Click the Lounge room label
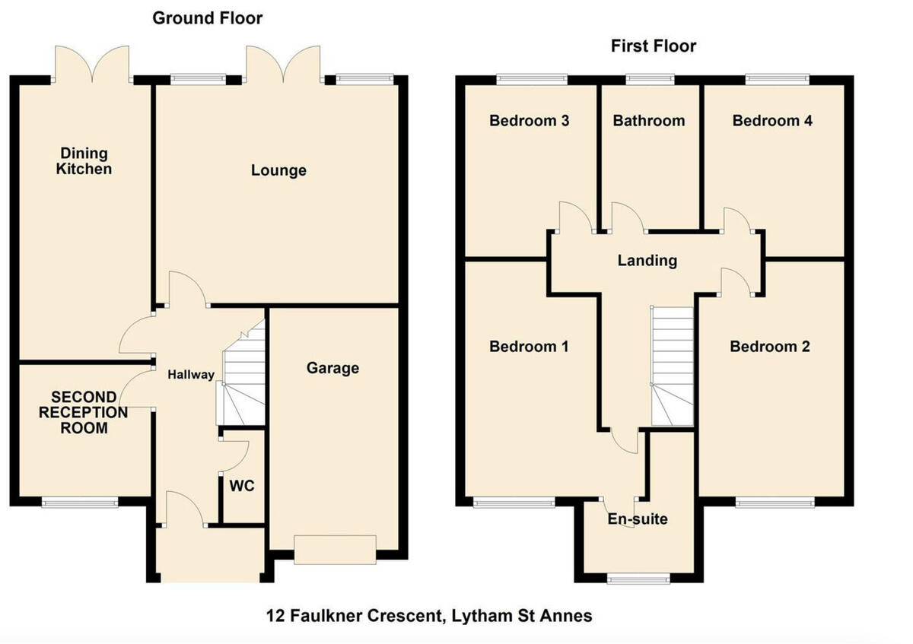click(x=278, y=170)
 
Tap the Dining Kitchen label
click(x=84, y=161)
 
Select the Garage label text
click(x=332, y=368)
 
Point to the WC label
click(x=243, y=486)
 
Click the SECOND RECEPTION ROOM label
click(x=84, y=413)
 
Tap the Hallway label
click(x=191, y=374)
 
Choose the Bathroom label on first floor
click(x=648, y=120)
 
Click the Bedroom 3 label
click(x=530, y=120)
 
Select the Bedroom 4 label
click(x=771, y=120)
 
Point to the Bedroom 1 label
click(x=529, y=347)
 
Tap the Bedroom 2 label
click(x=769, y=347)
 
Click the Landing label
click(x=647, y=260)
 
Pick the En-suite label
click(x=637, y=519)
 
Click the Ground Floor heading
click(x=207, y=17)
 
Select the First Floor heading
click(x=654, y=46)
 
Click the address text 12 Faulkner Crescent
click(x=428, y=615)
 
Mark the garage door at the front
click(x=335, y=550)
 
